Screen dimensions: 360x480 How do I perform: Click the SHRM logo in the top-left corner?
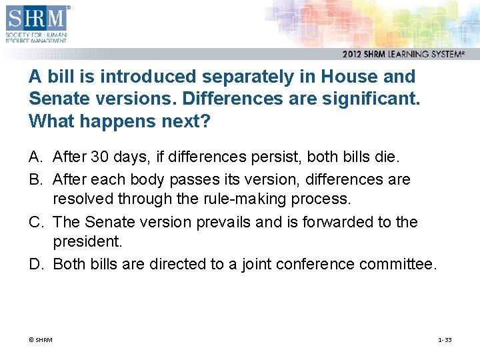click(x=36, y=23)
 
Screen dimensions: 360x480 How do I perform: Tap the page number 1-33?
click(x=445, y=340)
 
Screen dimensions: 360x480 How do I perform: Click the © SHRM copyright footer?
click(x=40, y=340)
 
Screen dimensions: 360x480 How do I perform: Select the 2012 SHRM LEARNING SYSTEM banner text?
click(x=403, y=55)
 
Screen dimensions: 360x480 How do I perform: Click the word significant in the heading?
click(x=367, y=99)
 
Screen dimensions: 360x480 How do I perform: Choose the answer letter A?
click(x=35, y=157)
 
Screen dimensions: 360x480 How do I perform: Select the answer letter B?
click(x=35, y=179)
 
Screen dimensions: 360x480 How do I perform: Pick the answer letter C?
click(x=35, y=222)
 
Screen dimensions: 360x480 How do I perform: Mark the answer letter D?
click(x=35, y=265)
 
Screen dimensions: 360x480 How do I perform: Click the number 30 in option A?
click(x=99, y=157)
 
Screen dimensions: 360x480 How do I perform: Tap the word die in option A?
click(x=387, y=157)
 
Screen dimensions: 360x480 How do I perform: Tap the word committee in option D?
click(x=398, y=265)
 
